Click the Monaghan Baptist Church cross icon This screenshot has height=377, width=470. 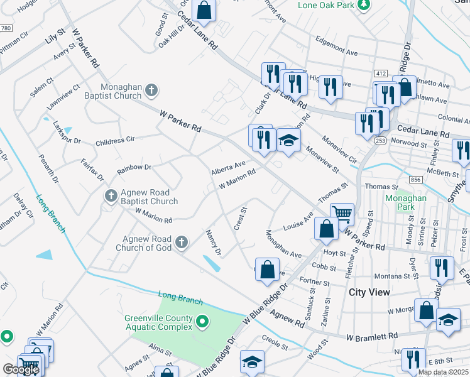pos(151,92)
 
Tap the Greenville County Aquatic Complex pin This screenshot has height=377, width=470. pos(202,323)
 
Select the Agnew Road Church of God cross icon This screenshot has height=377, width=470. pos(182,242)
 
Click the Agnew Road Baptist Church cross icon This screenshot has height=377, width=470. pos(111,197)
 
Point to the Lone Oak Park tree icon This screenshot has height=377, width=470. pos(363,4)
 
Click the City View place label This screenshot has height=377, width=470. pos(369,292)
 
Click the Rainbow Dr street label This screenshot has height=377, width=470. pos(134,168)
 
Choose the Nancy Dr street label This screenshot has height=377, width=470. pos(214,243)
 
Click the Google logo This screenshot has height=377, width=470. pos(21,369)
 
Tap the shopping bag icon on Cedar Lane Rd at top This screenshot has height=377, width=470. pos(204,9)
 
